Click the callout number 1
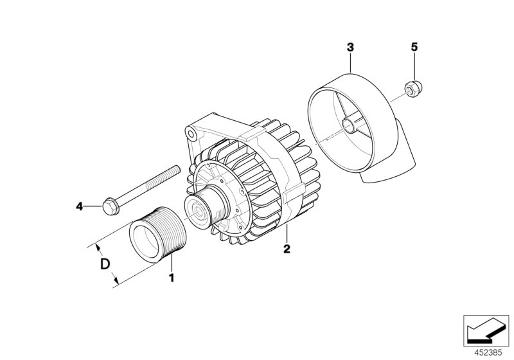(172, 278)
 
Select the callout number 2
(287, 248)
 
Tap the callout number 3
(350, 47)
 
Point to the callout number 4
(80, 206)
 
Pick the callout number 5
(414, 47)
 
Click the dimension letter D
(103, 264)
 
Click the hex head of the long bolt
(110, 206)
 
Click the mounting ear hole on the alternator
(190, 132)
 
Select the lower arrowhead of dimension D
(116, 282)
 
